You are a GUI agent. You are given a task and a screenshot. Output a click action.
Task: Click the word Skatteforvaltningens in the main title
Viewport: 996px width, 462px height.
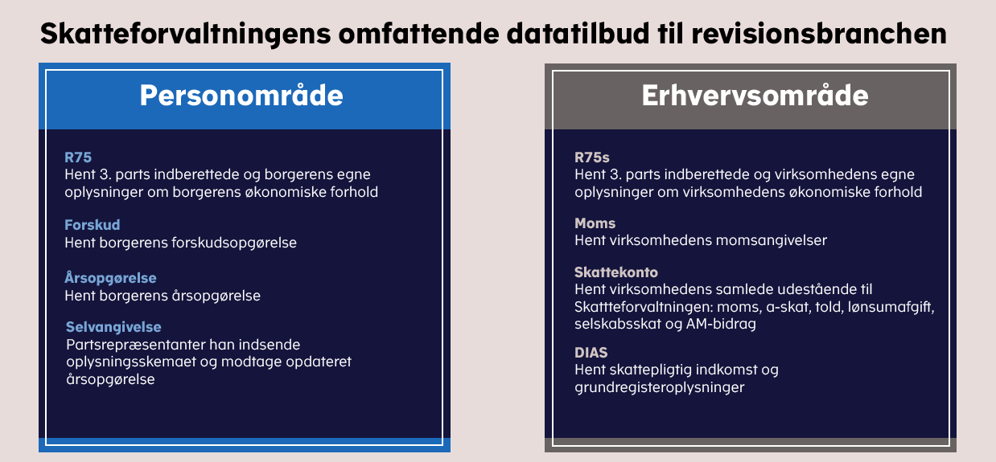(186, 34)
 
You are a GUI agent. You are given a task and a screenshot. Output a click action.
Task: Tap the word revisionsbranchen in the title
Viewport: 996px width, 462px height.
(819, 33)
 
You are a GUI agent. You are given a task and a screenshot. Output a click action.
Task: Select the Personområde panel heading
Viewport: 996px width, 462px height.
(241, 95)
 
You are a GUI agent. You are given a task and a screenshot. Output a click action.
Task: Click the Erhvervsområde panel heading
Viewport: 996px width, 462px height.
(755, 95)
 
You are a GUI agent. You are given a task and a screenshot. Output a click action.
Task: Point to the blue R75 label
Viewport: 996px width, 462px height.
(78, 157)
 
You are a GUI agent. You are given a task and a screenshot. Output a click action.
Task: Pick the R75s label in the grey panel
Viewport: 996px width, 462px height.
(592, 157)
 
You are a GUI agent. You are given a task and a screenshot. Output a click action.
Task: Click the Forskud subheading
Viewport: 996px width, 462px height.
(92, 225)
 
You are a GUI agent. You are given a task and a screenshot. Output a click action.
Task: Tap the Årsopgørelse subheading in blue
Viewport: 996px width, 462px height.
(110, 278)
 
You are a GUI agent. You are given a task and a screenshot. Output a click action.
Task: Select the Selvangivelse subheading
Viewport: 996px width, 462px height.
(113, 327)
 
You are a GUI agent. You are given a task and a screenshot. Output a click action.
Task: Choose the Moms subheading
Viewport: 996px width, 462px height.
(595, 223)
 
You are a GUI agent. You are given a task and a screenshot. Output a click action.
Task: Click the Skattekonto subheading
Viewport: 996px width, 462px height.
(615, 272)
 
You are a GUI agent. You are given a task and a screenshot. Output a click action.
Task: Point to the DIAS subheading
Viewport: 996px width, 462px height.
(591, 353)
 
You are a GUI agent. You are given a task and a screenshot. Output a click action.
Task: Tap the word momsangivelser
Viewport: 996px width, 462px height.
(772, 241)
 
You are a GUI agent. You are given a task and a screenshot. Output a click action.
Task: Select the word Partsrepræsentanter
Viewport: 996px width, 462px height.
(136, 345)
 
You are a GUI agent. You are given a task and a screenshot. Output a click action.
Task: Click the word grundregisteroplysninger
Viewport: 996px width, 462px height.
(659, 387)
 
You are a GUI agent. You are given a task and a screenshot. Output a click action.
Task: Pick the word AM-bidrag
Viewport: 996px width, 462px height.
(721, 324)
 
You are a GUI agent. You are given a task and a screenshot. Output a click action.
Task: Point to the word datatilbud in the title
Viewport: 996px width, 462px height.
(578, 33)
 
